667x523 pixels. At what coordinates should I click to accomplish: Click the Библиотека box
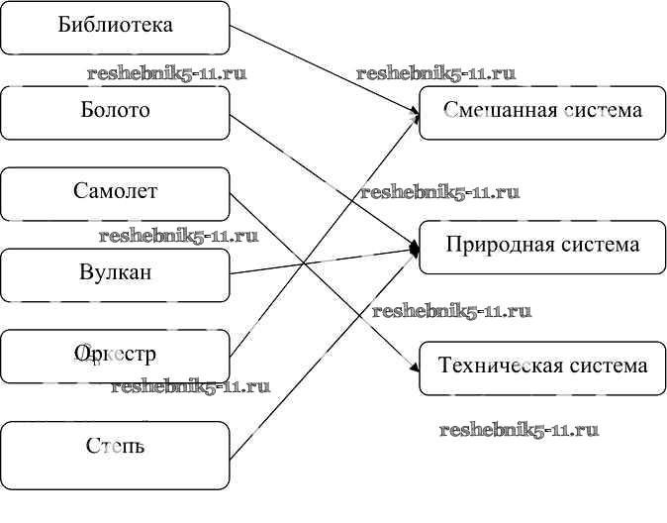click(115, 27)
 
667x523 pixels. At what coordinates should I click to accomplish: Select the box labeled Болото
click(115, 111)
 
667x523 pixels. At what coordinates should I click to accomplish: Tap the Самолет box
click(115, 192)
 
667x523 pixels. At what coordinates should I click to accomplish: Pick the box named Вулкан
click(115, 273)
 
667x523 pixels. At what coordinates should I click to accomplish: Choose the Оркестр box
click(115, 356)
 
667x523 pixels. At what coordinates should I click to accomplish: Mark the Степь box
click(115, 446)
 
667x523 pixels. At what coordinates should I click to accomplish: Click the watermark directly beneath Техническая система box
click(519, 430)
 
